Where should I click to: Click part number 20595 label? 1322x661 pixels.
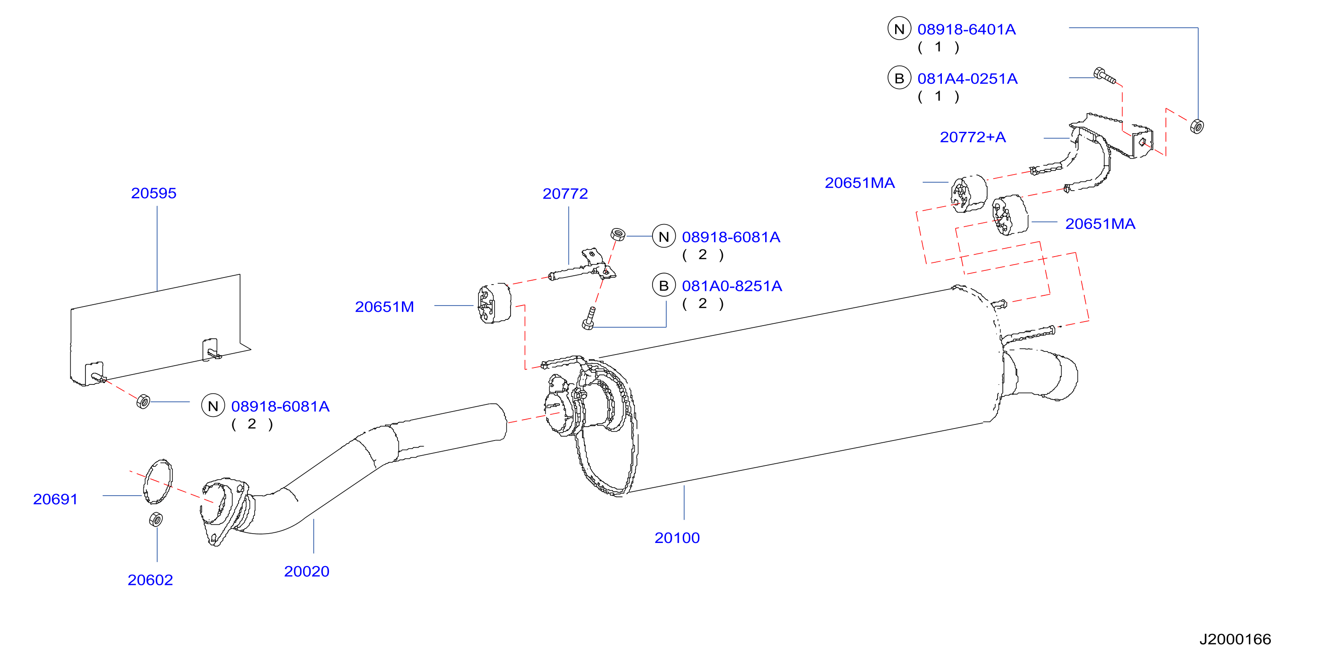[x=154, y=193]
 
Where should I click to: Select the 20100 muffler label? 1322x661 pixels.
[x=677, y=538]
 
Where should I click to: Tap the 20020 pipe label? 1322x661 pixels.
[x=306, y=571]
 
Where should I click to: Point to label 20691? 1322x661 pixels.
[x=56, y=499]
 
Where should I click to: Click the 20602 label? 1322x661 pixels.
[x=150, y=580]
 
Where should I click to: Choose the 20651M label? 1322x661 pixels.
[x=385, y=306]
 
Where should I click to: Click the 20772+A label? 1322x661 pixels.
[x=973, y=137]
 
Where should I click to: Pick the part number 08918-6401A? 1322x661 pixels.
[x=966, y=29]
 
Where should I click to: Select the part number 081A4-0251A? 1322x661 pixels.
[x=967, y=78]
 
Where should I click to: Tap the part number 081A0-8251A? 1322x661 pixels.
[x=732, y=286]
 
